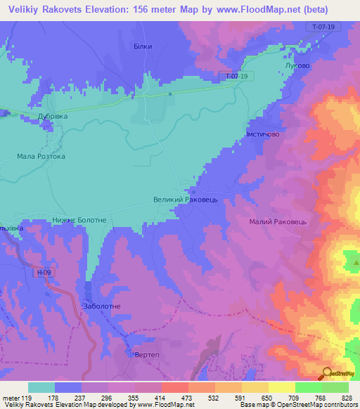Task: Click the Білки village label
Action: [x=143, y=46]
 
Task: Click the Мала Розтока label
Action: [x=41, y=156]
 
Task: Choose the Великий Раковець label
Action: [x=188, y=200]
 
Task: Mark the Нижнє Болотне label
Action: [x=79, y=220]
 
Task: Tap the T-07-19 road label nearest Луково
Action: [x=316, y=27]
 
